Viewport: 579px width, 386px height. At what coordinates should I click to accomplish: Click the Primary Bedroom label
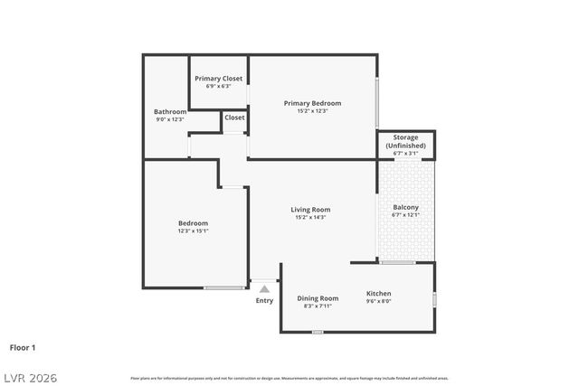(x=311, y=103)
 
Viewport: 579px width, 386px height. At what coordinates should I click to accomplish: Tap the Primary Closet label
(x=218, y=79)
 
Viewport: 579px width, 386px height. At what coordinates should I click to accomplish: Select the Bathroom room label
(x=170, y=112)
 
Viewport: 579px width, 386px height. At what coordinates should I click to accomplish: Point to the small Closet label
(x=234, y=118)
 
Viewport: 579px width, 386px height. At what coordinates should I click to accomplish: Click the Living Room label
(x=310, y=210)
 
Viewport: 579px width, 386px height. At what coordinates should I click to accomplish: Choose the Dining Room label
(x=318, y=298)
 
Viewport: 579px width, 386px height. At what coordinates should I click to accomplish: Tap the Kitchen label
(x=378, y=294)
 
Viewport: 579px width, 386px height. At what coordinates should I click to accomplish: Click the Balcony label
(x=405, y=208)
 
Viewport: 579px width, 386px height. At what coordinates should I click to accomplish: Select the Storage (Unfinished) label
(x=405, y=141)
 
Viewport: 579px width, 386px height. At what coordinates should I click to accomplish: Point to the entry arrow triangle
(x=264, y=289)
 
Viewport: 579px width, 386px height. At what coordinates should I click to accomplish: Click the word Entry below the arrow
(x=264, y=301)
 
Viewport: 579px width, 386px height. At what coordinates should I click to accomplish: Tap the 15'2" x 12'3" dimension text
(x=311, y=111)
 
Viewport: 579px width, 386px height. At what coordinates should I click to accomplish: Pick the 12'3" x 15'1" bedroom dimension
(x=193, y=231)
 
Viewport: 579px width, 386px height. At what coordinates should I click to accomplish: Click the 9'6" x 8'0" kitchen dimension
(x=378, y=302)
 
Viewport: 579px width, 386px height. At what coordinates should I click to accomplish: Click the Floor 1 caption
(x=23, y=346)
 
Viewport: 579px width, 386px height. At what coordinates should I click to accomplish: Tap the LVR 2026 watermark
(x=30, y=377)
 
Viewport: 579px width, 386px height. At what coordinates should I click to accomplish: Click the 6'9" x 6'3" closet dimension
(x=218, y=87)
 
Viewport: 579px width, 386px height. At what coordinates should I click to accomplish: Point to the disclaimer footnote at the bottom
(x=289, y=378)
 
